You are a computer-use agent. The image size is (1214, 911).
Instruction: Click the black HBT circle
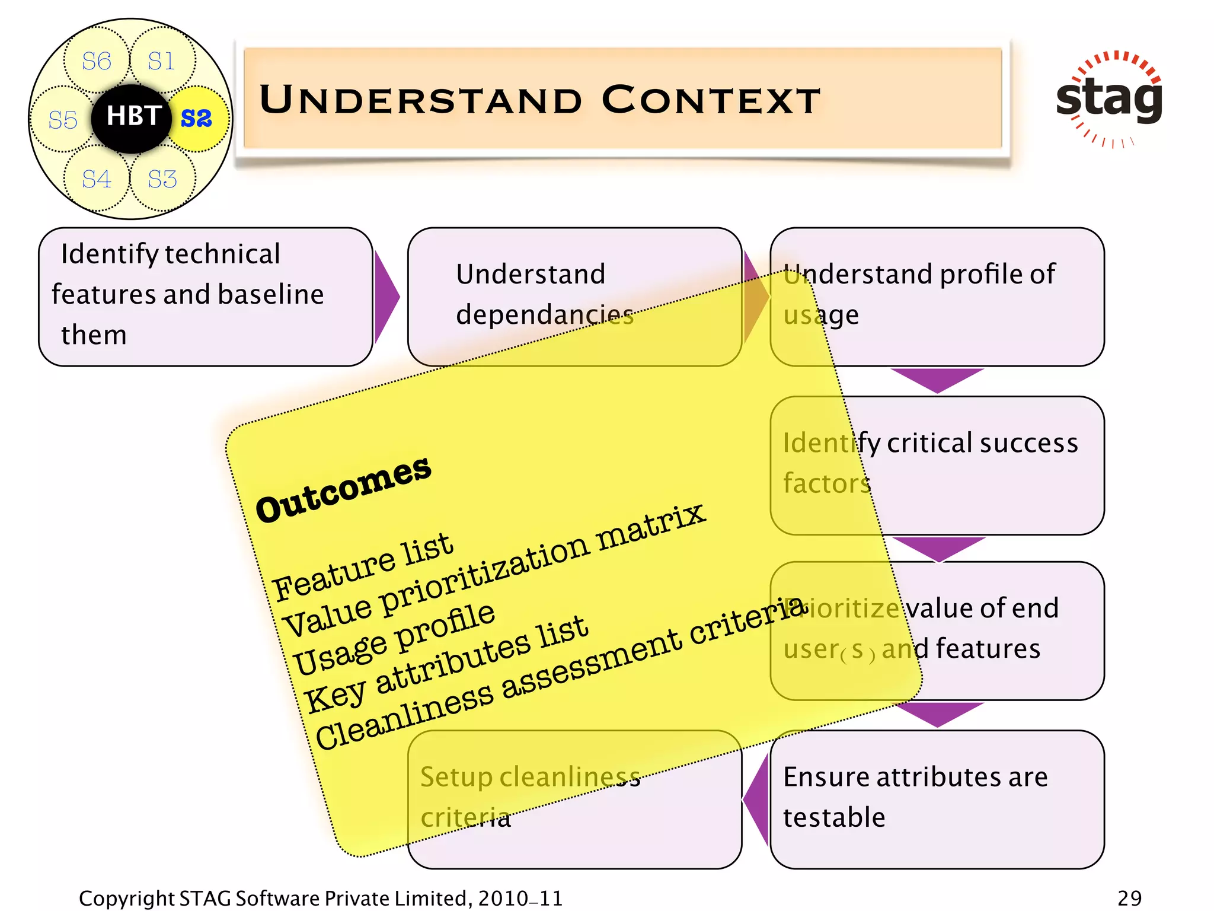coord(132,117)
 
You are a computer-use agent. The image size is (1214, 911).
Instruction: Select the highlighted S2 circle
coord(198,119)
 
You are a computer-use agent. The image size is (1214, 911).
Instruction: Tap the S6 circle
coord(97,60)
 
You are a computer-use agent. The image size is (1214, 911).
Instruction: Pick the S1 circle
coord(162,60)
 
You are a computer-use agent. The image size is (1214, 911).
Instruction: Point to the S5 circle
coord(63,120)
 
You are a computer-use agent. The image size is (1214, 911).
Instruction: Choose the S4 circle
coord(97,179)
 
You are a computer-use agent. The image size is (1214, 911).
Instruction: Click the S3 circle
coord(162,179)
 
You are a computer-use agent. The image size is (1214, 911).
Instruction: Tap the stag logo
coord(1108,98)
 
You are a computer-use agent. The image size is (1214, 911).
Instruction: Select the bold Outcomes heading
coord(343,489)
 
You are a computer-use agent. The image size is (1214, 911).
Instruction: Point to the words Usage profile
coord(394,638)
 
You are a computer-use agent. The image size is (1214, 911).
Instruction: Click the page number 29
coord(1129,898)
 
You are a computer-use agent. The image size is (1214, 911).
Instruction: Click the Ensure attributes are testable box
coord(937,798)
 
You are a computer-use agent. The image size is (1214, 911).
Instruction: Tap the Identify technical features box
coord(205,296)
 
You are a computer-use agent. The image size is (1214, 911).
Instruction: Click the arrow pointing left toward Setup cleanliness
coord(756,798)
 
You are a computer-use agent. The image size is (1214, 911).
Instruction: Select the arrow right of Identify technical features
coord(386,296)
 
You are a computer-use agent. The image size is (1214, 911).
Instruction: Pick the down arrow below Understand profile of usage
coord(937,378)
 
